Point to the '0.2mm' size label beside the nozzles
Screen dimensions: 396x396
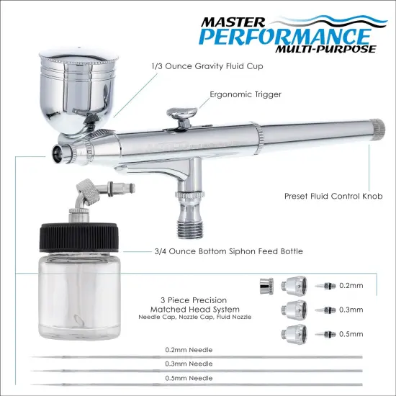348,284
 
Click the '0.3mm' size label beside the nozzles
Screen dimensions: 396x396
348,309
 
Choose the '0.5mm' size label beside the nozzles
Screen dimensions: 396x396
348,333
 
